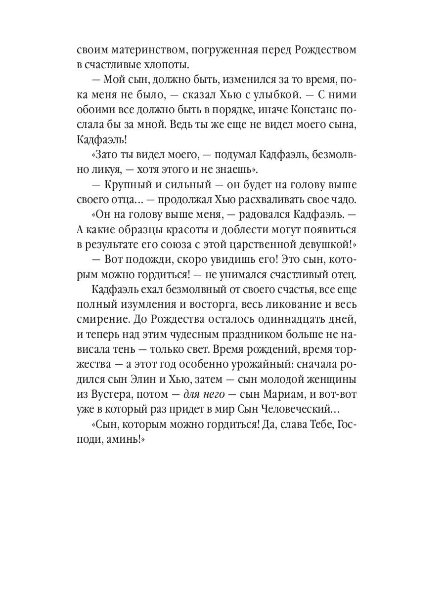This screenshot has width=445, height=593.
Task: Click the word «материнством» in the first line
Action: [140, 51]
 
